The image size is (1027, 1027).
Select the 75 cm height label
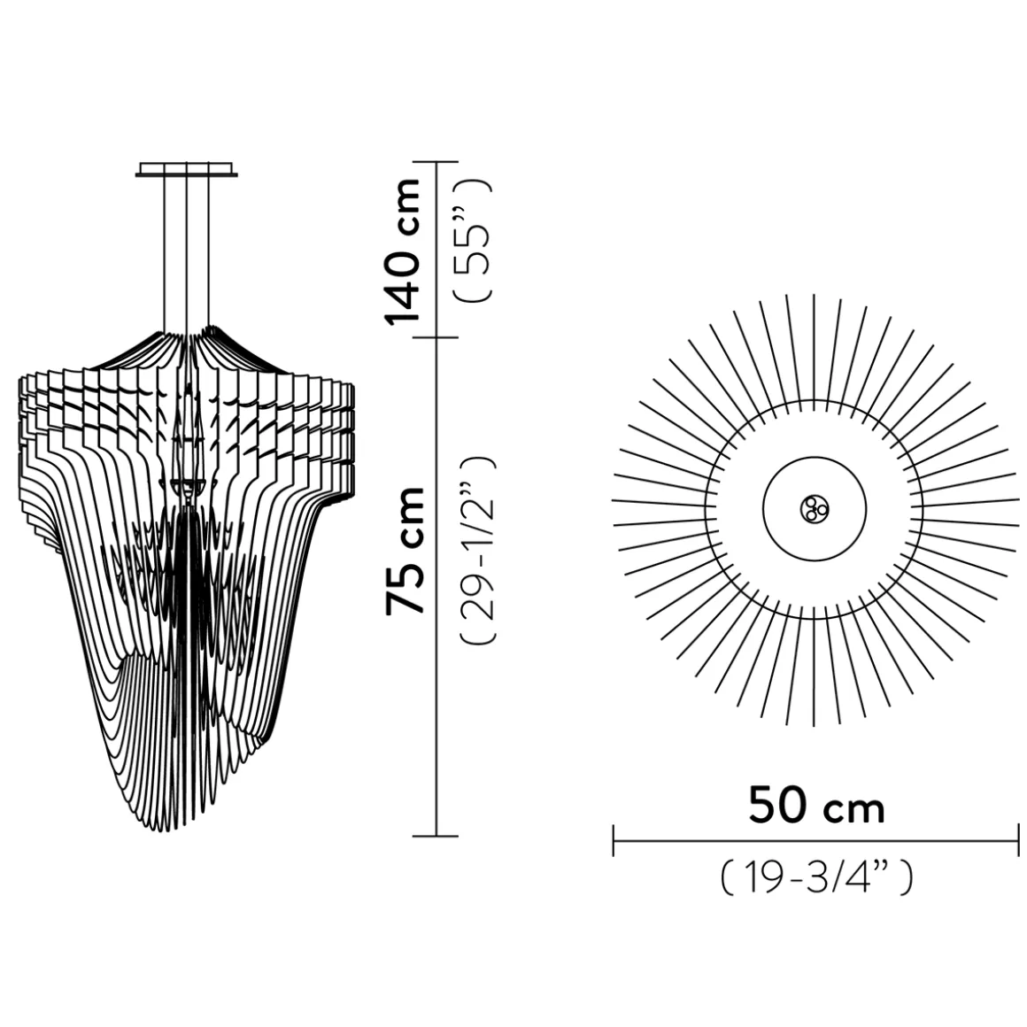[x=406, y=549]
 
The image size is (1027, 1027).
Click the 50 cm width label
[x=816, y=807]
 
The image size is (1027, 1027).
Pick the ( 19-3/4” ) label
[x=816, y=878]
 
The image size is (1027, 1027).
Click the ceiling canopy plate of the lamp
[x=187, y=169]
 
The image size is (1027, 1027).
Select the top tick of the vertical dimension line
[x=436, y=162]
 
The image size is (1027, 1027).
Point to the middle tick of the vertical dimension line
[x=436, y=337]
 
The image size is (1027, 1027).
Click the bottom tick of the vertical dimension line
[x=436, y=835]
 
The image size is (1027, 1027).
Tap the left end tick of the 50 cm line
[x=614, y=840]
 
